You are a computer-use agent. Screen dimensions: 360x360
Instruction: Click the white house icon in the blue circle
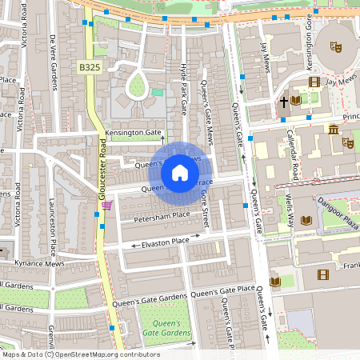point(180,172)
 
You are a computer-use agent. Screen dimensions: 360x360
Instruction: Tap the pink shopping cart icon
point(106,206)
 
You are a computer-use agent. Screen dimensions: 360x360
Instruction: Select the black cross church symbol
point(283,102)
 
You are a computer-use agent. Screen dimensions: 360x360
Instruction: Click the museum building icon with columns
point(334,130)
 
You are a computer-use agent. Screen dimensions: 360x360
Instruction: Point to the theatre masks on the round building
point(337,48)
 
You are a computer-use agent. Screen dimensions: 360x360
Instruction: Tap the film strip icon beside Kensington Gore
point(314,82)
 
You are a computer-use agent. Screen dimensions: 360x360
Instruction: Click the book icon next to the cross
point(297,100)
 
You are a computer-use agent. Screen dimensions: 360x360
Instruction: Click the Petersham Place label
point(161,215)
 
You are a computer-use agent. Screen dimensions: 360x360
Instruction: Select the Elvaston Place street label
point(166,241)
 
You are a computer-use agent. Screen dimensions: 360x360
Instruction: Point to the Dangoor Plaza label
point(337,210)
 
